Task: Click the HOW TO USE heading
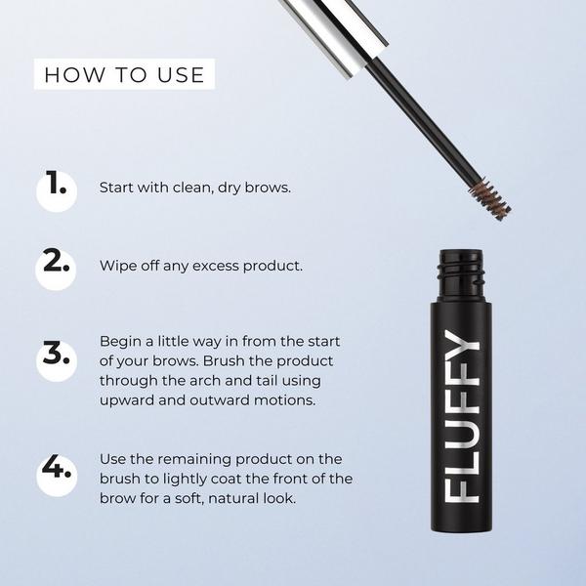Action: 124,74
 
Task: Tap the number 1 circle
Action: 58,187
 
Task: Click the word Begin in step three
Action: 119,342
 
